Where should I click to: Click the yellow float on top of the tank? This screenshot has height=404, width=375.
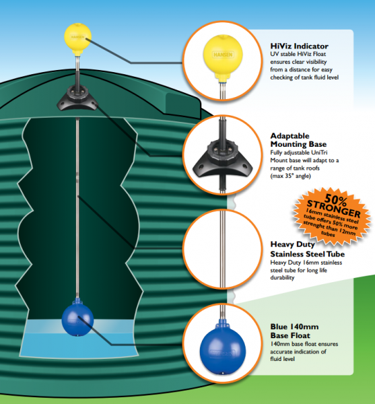tap(77, 36)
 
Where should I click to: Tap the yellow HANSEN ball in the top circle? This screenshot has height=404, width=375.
tap(223, 55)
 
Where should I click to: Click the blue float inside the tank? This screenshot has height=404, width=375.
tap(77, 320)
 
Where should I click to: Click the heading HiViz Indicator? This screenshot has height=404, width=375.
tap(300, 46)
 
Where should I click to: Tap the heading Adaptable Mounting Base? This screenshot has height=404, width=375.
tap(298, 140)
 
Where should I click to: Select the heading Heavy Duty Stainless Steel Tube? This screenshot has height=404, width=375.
tap(307, 249)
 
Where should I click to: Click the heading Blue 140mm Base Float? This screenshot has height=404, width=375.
tap(294, 331)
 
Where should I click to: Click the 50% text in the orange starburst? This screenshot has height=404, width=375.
tap(335, 200)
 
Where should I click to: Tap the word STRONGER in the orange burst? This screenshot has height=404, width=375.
tap(333, 209)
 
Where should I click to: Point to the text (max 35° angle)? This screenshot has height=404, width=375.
tap(291, 176)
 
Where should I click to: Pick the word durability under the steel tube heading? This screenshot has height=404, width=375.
tap(282, 277)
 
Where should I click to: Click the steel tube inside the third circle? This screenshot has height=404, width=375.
tap(223, 248)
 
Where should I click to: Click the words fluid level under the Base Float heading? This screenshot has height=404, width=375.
tap(282, 359)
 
